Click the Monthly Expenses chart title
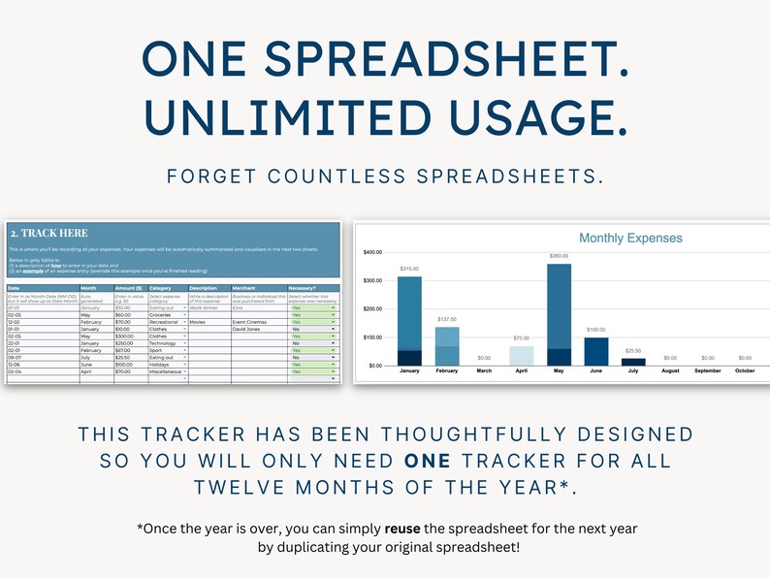[x=630, y=238]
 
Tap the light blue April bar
[x=522, y=355]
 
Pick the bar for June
[x=595, y=351]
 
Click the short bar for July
[x=632, y=361]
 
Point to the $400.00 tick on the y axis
[x=373, y=252]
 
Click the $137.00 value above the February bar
[x=447, y=319]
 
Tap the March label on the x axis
[x=484, y=371]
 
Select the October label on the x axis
[x=744, y=371]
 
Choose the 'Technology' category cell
[x=165, y=343]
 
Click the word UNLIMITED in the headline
[x=284, y=117]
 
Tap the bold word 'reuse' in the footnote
[x=401, y=529]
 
